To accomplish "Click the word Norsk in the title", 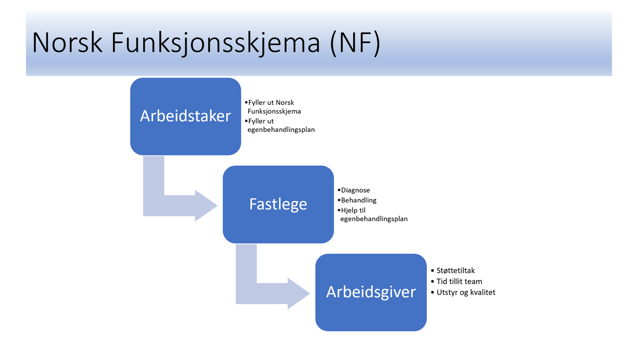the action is coord(68,42).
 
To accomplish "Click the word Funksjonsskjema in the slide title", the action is coord(216,43).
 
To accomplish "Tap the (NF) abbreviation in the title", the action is coord(355,43).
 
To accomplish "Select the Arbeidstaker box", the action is coord(186,117).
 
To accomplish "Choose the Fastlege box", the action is coord(278,204).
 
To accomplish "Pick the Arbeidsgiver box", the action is coord(371,292).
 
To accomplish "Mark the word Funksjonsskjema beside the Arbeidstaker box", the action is coord(274,112).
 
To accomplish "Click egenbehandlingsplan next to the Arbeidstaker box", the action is coord(281,130).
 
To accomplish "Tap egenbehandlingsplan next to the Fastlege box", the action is coord(374,219).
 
